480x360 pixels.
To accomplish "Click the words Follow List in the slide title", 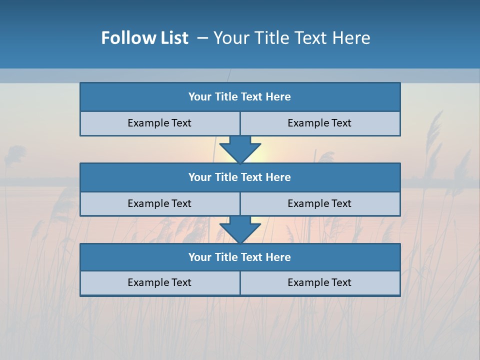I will point(144,38).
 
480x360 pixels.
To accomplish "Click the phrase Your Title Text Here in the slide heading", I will point(292,38).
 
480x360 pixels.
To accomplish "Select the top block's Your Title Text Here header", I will point(239,97).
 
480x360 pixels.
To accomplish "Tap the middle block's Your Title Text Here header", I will point(239,177).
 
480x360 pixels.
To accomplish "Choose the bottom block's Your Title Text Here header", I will point(239,257).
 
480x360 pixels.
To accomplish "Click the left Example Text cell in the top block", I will point(159,123).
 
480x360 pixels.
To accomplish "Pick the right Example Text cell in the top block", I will point(319,123).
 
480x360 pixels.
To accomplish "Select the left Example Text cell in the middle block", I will point(159,204).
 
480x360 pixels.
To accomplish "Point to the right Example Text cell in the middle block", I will point(319,204).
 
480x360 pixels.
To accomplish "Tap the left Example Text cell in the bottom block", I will point(159,283).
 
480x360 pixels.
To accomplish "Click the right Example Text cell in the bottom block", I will point(319,283).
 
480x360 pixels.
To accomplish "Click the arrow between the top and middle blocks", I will point(240,150).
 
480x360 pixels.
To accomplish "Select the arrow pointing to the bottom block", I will point(240,230).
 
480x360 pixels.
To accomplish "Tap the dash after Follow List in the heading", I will point(203,38).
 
